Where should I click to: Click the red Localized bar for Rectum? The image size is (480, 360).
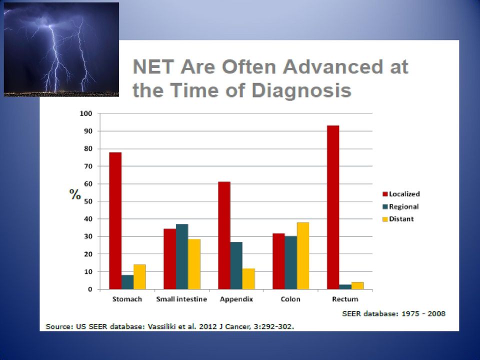(x=333, y=207)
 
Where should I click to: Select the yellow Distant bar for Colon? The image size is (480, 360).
(x=303, y=255)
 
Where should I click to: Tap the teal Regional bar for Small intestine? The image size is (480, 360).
(x=182, y=256)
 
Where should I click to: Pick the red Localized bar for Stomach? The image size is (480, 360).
(x=115, y=220)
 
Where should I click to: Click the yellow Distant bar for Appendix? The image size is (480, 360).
(x=248, y=279)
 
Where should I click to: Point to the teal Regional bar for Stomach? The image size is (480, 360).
(x=127, y=282)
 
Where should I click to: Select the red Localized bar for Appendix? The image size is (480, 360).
(x=224, y=235)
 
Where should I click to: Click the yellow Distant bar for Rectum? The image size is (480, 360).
(x=357, y=285)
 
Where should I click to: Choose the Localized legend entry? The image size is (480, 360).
(x=401, y=194)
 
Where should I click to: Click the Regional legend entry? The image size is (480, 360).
(x=400, y=206)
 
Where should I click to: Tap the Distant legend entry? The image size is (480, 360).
(x=398, y=219)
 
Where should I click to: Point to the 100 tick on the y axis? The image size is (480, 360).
(x=85, y=113)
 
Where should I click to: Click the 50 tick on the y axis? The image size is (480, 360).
(x=88, y=201)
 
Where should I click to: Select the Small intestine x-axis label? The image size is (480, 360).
(x=181, y=299)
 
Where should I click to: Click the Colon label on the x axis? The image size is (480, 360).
(x=290, y=299)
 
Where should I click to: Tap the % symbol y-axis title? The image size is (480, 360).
(x=75, y=194)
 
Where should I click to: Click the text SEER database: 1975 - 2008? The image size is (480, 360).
(x=393, y=313)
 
